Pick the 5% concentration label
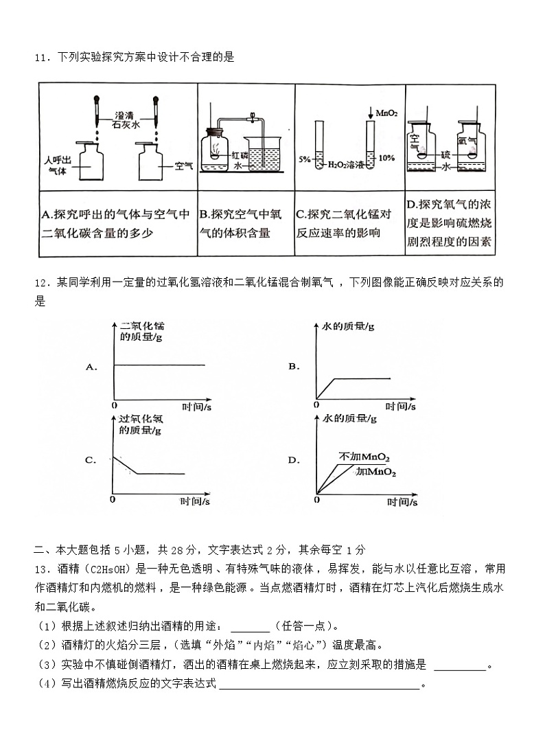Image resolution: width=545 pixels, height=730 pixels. [x=304, y=159]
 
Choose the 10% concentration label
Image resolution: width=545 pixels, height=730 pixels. [x=386, y=158]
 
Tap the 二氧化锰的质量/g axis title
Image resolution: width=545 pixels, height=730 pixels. [x=142, y=331]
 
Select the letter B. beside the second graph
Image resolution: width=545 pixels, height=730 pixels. [x=294, y=367]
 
